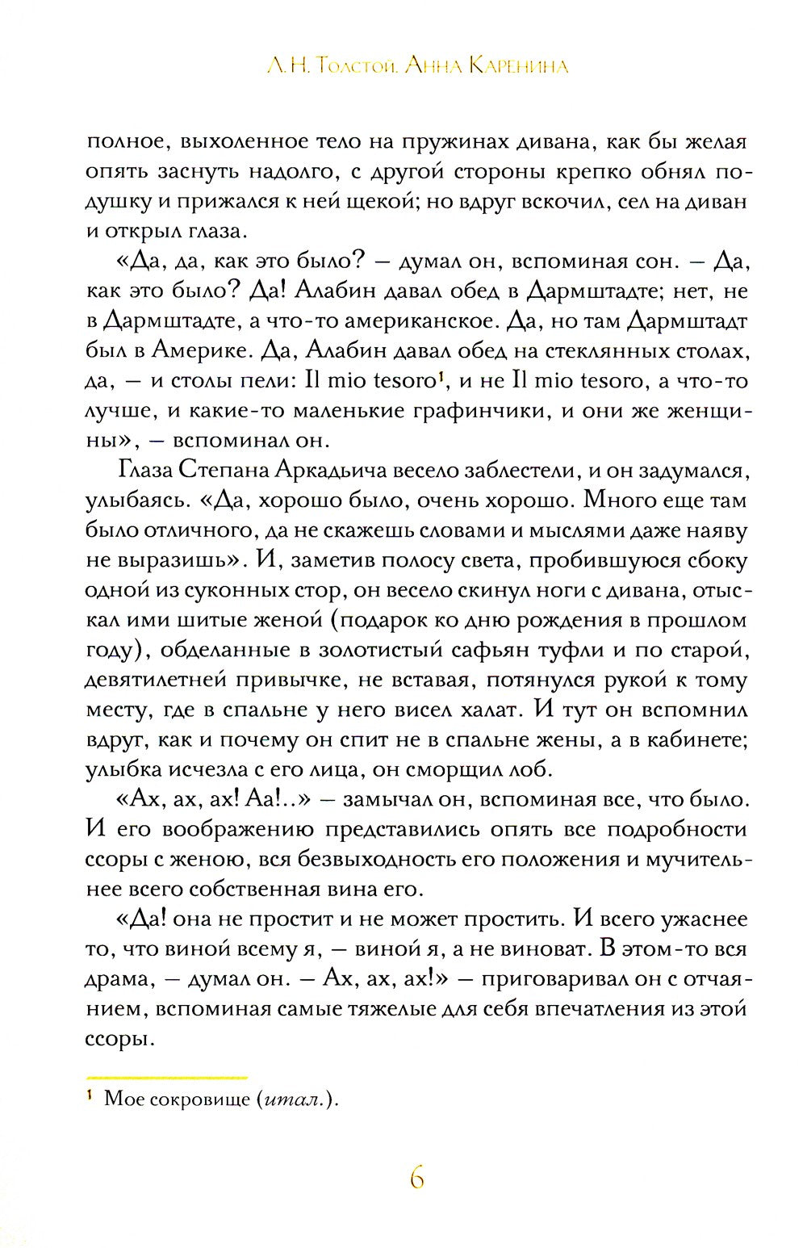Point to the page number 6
416,1179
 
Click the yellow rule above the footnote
166,1078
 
